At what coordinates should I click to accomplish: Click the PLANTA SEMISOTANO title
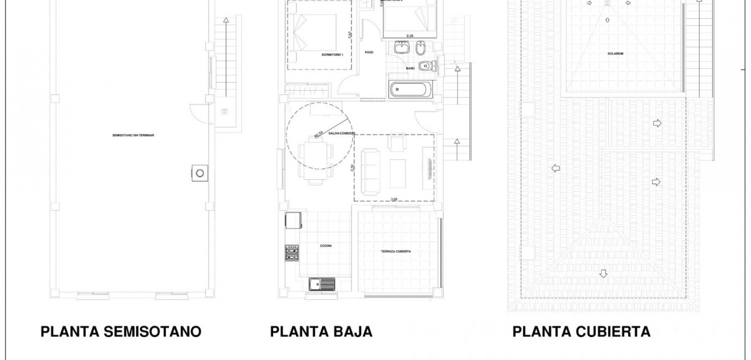(x=121, y=332)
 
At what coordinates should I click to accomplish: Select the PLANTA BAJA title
(x=321, y=332)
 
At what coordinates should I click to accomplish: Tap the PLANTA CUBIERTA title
(x=581, y=332)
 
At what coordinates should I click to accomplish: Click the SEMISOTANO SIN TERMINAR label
(x=133, y=135)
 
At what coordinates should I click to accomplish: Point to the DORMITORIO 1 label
(x=332, y=55)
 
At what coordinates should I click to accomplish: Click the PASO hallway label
(x=369, y=52)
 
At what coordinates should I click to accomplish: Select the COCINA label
(x=326, y=246)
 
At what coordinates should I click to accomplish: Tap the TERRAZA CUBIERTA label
(x=396, y=252)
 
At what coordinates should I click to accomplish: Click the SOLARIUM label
(x=615, y=54)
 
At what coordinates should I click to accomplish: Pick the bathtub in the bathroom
(x=411, y=90)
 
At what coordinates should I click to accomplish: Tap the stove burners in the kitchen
(x=292, y=252)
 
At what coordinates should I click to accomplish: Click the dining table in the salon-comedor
(x=313, y=158)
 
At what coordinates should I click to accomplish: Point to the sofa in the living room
(x=370, y=171)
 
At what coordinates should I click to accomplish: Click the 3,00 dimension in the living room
(x=394, y=199)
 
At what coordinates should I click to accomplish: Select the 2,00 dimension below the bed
(x=410, y=36)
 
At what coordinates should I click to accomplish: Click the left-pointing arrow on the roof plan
(x=555, y=168)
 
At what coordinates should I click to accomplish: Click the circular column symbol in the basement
(x=199, y=173)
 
